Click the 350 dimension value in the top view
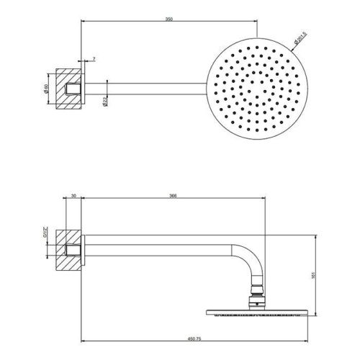[168, 17]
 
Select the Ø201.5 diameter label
[304, 35]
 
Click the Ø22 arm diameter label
[105, 102]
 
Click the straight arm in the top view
[144, 89]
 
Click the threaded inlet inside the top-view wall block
[72, 89]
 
